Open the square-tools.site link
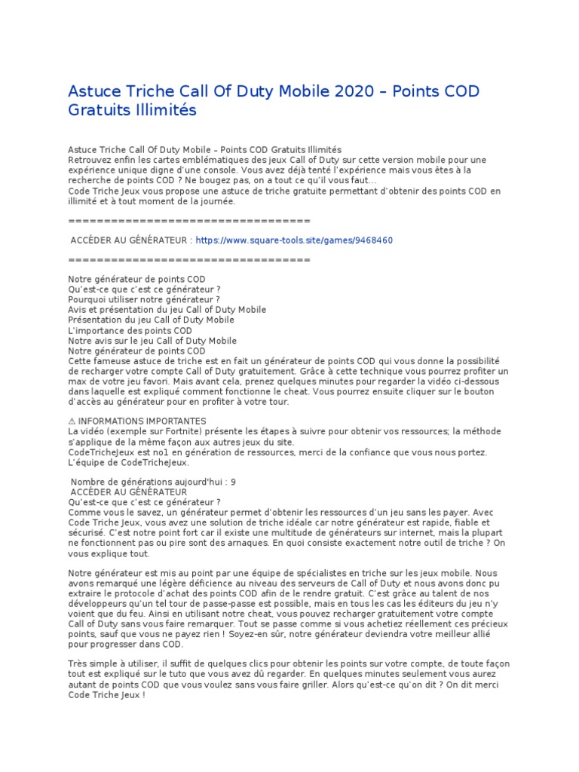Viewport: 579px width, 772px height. tap(294, 240)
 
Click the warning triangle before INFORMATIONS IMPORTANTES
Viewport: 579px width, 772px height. tap(72, 421)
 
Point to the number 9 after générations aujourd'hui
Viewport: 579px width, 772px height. tap(234, 482)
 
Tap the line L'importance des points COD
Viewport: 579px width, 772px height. tap(130, 331)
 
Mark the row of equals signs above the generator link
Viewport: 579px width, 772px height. tap(189, 221)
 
